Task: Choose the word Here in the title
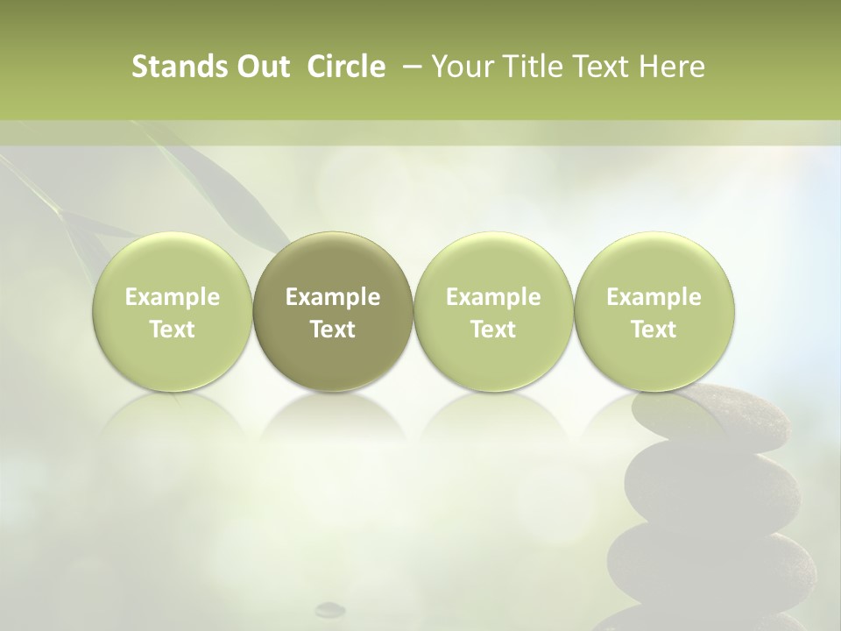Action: [x=673, y=67]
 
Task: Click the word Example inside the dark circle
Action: [x=333, y=297]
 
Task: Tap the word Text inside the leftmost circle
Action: [x=173, y=330]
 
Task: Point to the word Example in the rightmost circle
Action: [x=654, y=297]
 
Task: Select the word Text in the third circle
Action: [x=493, y=330]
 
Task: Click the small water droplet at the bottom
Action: [x=330, y=607]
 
